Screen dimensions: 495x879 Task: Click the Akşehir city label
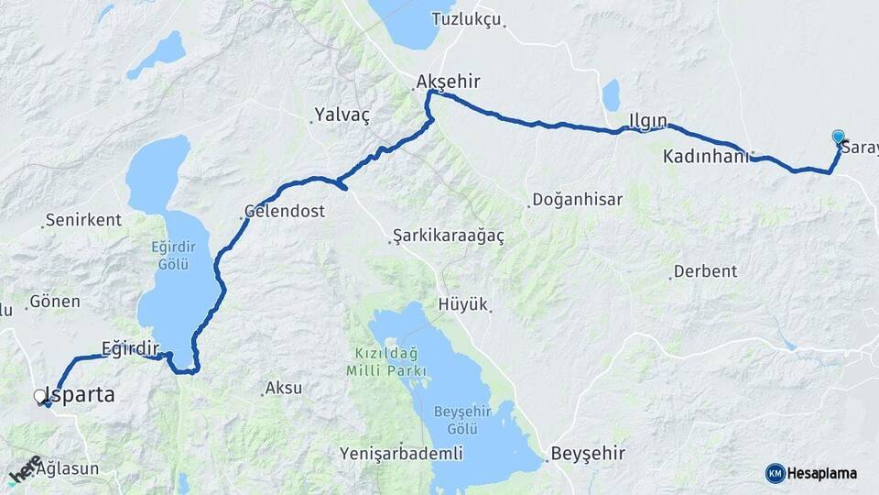[448, 82]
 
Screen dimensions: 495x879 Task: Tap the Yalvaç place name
[342, 115]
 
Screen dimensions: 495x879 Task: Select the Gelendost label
[285, 211]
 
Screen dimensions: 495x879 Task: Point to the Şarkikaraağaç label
[449, 236]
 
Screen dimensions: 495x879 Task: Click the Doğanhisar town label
[577, 200]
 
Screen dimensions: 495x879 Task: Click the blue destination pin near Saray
[838, 137]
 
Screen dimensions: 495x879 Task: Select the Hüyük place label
[463, 305]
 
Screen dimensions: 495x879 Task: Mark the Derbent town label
[705, 271]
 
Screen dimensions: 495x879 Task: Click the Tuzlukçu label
[468, 19]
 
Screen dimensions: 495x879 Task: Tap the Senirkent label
[82, 221]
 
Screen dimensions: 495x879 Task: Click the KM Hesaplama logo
[811, 473]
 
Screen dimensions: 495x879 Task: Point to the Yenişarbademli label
[401, 454]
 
